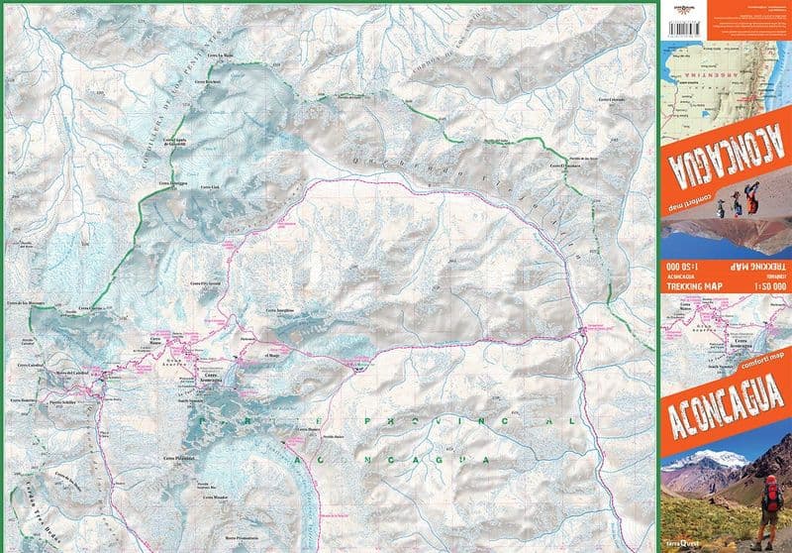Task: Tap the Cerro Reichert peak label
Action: point(206,82)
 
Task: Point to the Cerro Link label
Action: point(208,186)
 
